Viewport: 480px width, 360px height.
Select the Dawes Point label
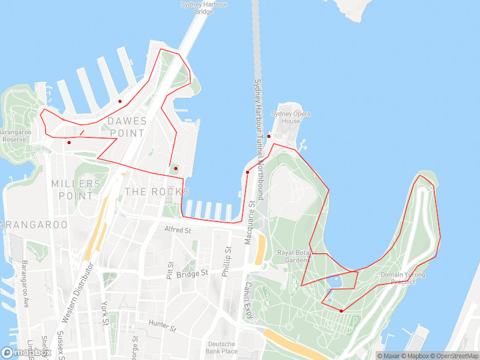[x=126, y=127]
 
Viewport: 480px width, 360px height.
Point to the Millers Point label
[x=76, y=189]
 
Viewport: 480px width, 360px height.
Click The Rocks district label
[x=157, y=191]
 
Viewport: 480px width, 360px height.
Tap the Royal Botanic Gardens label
[x=293, y=256]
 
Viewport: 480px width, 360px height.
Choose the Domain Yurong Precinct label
[x=403, y=278]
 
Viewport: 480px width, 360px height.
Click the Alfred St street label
[x=178, y=230]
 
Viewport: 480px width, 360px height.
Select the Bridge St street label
[x=193, y=273]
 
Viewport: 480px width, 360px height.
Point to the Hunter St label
[x=163, y=326]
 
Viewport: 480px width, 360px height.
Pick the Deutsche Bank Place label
[x=222, y=347]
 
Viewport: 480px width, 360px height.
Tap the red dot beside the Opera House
[x=269, y=136]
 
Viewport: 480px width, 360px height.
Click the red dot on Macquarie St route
[x=247, y=172]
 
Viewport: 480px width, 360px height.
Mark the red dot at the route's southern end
[x=341, y=311]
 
